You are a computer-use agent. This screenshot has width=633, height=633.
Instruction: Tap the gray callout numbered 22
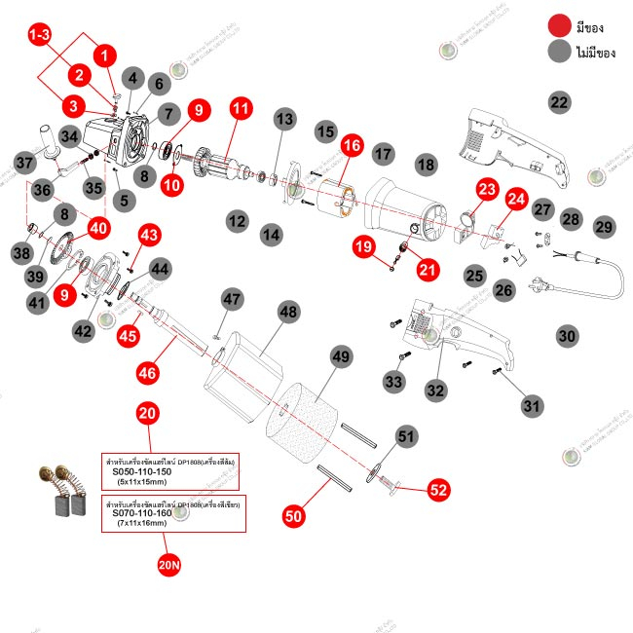pos(559,102)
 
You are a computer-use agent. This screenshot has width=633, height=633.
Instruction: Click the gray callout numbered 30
pos(567,335)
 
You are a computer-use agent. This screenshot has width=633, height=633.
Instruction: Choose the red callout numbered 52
pos(439,490)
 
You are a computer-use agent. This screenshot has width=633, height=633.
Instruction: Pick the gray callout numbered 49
pos(340,357)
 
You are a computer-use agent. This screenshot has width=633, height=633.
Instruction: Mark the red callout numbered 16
pos(351,146)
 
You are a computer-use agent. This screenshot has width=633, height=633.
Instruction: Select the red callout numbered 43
pos(149,235)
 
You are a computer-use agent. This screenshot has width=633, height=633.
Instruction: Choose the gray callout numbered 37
pos(25,161)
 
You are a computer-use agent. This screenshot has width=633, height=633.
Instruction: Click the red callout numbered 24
pos(517,200)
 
